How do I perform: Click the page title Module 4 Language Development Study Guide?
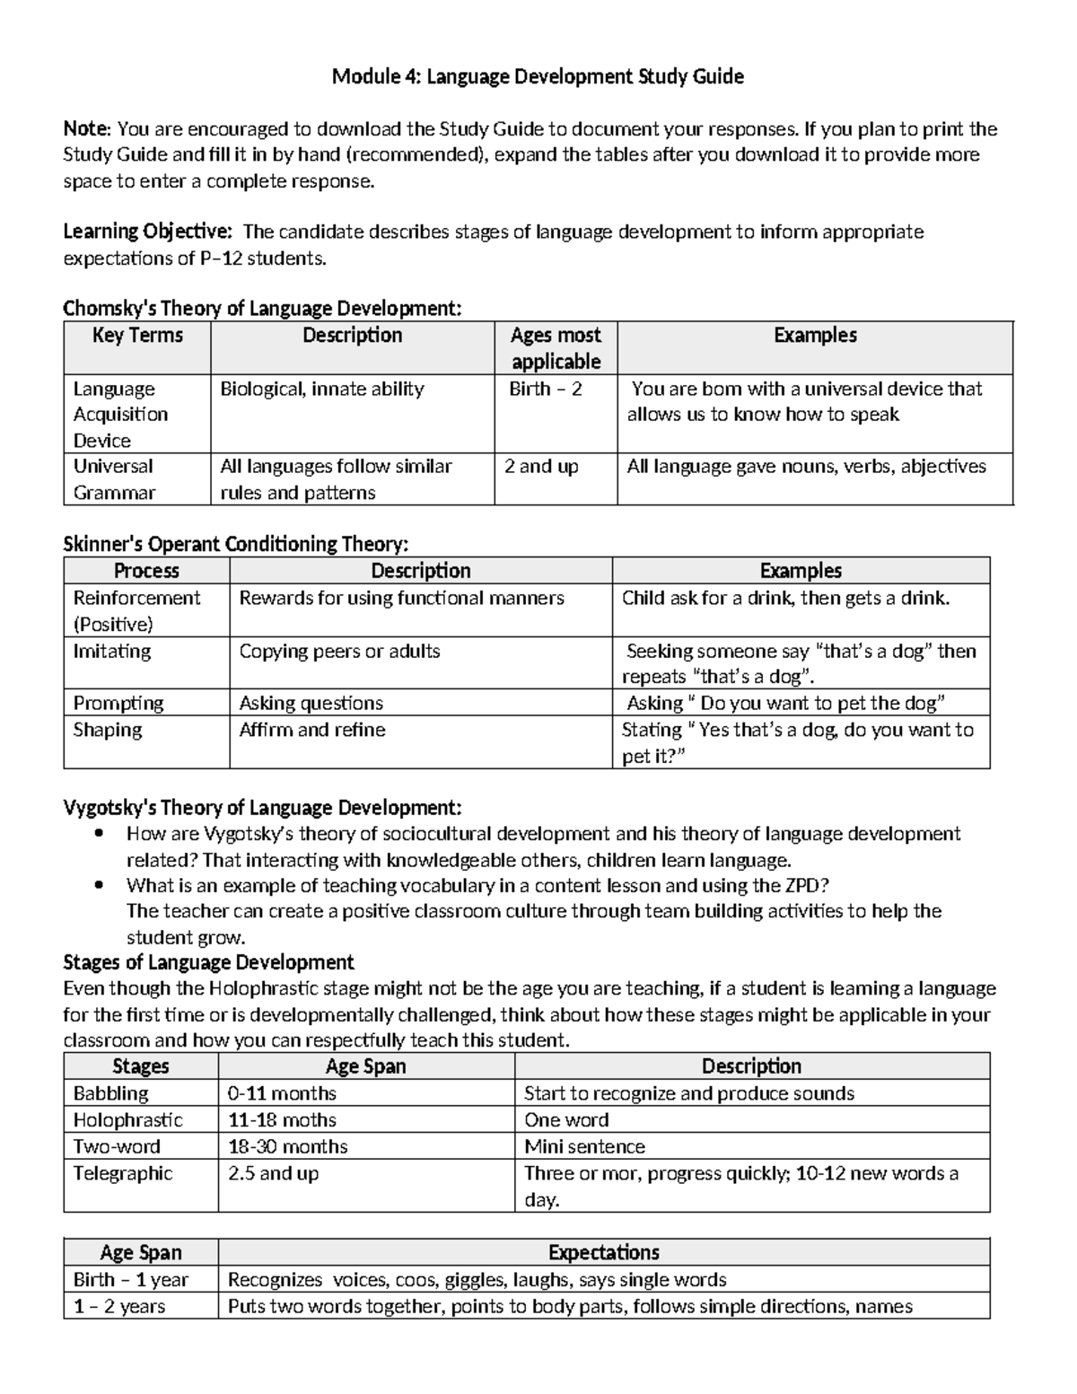[x=538, y=77]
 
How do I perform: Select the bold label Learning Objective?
[x=147, y=232]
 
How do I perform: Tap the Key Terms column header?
[x=137, y=336]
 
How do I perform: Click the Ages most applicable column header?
[x=556, y=348]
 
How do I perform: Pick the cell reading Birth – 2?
[x=545, y=389]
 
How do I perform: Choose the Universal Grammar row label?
[x=114, y=479]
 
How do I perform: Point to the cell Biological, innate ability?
[x=322, y=389]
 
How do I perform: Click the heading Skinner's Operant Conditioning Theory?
[x=235, y=544]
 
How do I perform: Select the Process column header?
[x=146, y=571]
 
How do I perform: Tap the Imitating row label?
[x=112, y=651]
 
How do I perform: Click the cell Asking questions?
[x=311, y=703]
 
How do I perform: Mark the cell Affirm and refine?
[x=311, y=730]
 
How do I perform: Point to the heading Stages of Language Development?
[x=208, y=962]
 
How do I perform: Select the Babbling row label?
[x=111, y=1093]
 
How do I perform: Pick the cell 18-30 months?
[x=287, y=1146]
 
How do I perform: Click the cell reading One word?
[x=566, y=1119]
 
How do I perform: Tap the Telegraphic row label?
[x=123, y=1173]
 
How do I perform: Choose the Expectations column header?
[x=603, y=1252]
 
